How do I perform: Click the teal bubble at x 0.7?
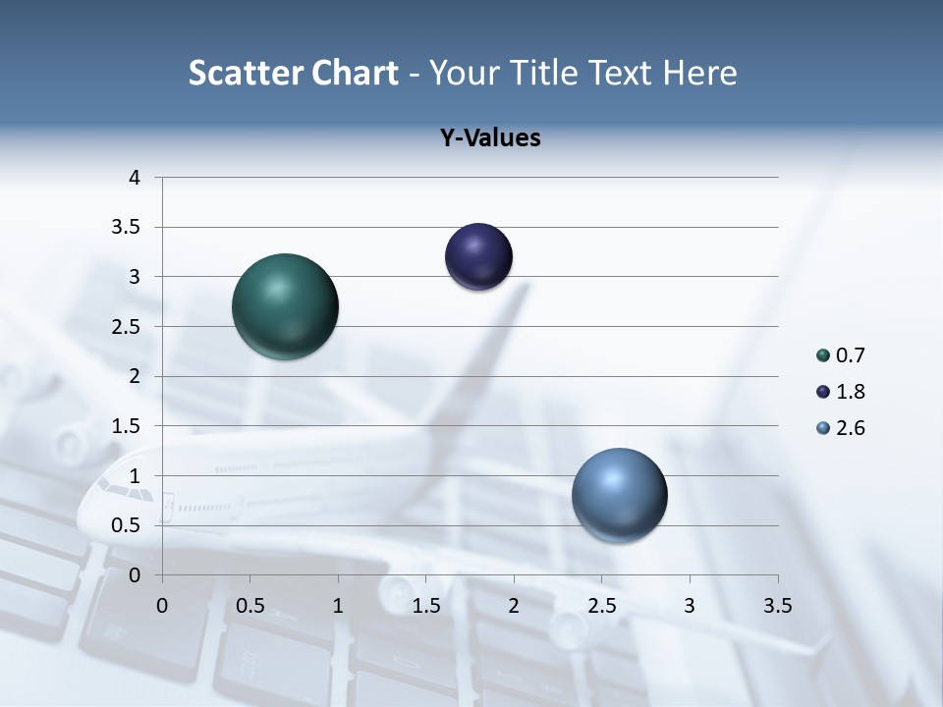[x=285, y=306]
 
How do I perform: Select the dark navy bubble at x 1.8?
[x=478, y=257]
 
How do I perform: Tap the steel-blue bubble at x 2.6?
[x=619, y=495]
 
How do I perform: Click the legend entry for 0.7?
[x=840, y=355]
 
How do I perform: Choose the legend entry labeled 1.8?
[x=840, y=392]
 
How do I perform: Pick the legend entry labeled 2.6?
[x=840, y=428]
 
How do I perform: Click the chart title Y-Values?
[x=490, y=138]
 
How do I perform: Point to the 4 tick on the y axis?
[x=135, y=178]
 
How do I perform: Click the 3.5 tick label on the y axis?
[x=126, y=228]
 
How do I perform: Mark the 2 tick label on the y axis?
[x=135, y=376]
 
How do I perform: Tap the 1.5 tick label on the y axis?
[x=126, y=426]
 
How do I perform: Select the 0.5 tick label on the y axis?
[x=126, y=525]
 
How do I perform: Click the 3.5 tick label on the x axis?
[x=777, y=606]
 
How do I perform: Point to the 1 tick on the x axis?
[x=338, y=606]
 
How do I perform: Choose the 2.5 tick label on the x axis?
[x=601, y=606]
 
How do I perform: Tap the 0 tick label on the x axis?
[x=162, y=606]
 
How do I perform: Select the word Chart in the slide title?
[x=355, y=74]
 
